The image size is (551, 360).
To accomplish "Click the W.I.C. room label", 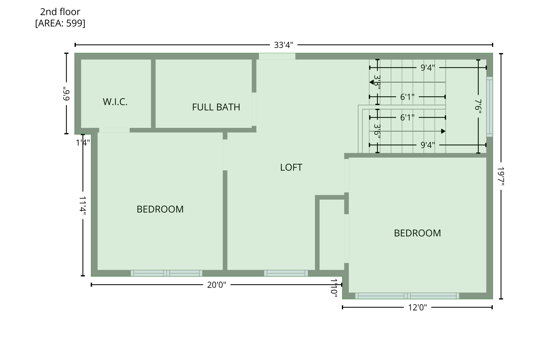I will (115, 102).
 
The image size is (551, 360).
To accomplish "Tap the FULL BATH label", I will (216, 107).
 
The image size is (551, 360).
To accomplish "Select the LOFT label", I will (291, 167).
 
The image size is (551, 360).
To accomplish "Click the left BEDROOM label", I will (160, 209).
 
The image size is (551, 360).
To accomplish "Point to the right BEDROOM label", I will (417, 233).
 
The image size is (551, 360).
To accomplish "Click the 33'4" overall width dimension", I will (283, 45).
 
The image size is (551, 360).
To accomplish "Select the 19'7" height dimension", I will (501, 176).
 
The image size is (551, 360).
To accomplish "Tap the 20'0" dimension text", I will (216, 285).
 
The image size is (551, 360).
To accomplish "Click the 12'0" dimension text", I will (417, 308).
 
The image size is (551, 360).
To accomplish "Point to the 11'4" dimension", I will (83, 206).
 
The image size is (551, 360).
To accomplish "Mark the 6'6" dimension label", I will (66, 94).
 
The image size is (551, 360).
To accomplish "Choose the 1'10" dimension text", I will (334, 288).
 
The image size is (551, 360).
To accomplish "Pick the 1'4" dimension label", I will (83, 143).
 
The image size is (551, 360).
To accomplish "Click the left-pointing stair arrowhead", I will (372, 82).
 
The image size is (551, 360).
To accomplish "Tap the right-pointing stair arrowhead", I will (443, 131).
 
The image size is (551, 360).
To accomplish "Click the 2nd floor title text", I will (60, 12).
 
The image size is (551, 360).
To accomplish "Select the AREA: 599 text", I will (60, 23).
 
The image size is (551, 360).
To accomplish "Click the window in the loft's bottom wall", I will (286, 273).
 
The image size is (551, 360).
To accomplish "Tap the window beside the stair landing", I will (489, 107).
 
